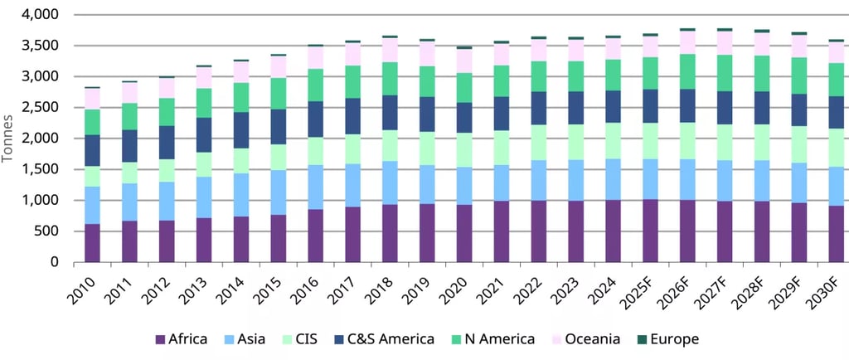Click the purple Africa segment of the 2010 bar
pos(91,243)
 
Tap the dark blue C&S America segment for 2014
pos(240,130)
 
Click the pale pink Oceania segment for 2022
pos(539,51)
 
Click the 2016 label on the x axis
pos(313,287)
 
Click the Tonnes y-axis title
pos(9,139)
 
